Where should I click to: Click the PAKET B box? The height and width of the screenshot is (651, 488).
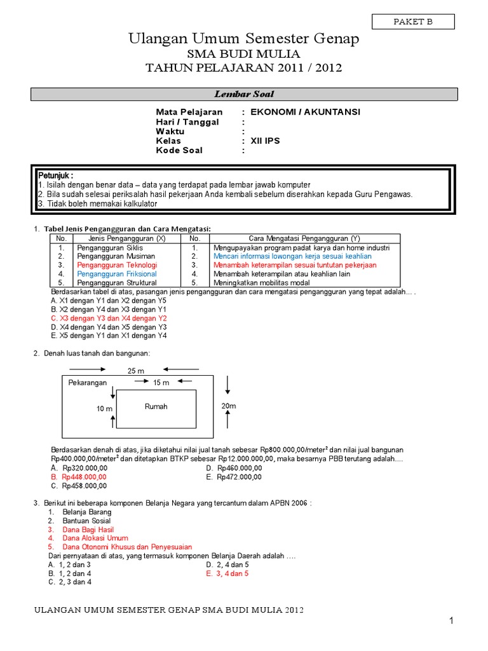413,22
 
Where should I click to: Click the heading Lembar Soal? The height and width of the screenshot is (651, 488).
244,94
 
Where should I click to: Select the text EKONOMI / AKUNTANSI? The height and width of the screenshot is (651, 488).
305,112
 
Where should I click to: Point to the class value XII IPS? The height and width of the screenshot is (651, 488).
265,140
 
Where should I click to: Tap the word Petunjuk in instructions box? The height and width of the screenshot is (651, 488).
55,175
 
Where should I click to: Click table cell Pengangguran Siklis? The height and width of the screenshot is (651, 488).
109,247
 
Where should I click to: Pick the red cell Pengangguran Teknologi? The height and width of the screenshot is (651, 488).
117,265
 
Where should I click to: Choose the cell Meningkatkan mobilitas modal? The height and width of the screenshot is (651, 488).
262,283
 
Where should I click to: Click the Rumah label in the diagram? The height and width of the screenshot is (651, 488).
156,407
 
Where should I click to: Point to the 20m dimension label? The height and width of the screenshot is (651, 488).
228,406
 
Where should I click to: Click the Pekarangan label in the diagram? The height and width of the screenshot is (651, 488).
88,383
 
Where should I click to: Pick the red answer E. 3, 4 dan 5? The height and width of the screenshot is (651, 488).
227,573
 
